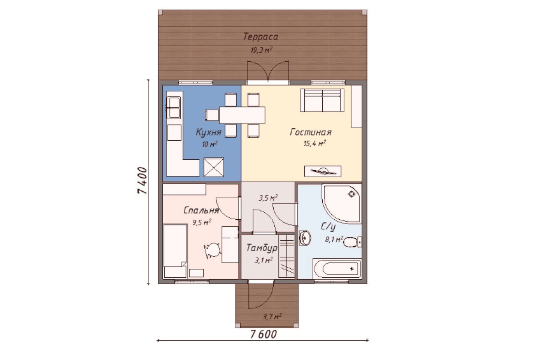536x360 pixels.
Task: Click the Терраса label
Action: click(x=260, y=36)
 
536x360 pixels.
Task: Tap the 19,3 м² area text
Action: click(x=262, y=50)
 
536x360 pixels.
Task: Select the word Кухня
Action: click(x=209, y=132)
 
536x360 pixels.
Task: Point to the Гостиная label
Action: click(x=311, y=132)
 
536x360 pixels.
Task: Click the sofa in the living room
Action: click(x=322, y=100)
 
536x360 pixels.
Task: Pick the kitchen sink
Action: click(x=173, y=108)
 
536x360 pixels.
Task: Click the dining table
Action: click(x=242, y=115)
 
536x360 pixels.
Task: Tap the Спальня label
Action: click(x=201, y=210)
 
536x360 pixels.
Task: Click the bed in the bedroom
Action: click(x=175, y=250)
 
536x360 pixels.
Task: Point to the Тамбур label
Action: click(x=262, y=247)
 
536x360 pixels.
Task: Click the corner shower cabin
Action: click(x=341, y=205)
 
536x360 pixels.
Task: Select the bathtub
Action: click(x=337, y=268)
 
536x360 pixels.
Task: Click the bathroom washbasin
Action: click(x=305, y=238)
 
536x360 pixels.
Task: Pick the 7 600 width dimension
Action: click(x=263, y=335)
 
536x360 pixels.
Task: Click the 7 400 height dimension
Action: click(x=142, y=181)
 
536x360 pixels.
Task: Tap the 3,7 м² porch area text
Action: click(x=272, y=317)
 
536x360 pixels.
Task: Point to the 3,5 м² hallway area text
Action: click(x=267, y=198)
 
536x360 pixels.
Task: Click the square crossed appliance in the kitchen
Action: click(x=214, y=168)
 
